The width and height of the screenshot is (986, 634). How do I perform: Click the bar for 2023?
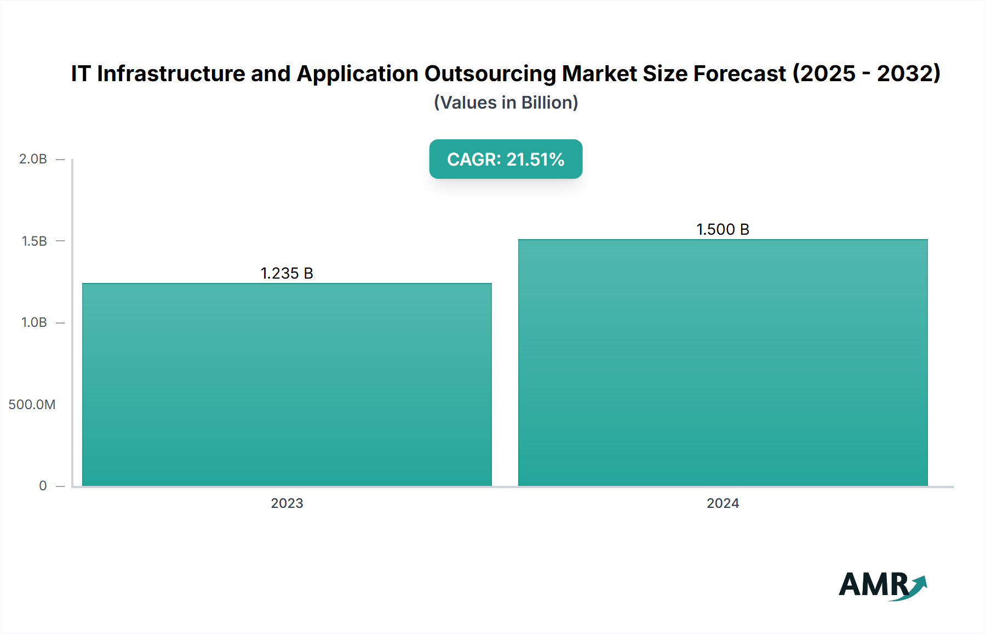coord(286,384)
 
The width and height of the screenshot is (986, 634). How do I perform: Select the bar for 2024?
coord(723,362)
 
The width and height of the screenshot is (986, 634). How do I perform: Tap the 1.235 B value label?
coord(286,273)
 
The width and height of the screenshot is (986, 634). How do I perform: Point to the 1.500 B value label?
coord(723,229)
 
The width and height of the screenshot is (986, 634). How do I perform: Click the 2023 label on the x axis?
coord(286,503)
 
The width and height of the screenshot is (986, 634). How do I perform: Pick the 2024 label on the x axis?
coord(723,503)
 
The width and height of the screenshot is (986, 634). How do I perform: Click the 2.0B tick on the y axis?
coord(33,159)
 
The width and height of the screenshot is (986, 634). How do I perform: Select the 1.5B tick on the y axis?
coord(34,241)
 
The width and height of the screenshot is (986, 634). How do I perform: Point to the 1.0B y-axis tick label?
coord(34,322)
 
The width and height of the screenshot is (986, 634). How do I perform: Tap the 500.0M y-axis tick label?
coord(32,405)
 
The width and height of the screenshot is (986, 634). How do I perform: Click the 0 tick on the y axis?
coord(43,486)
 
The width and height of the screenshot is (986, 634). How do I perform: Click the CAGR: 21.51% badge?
coord(505,159)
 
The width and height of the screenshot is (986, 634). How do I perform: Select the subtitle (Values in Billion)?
coord(506,103)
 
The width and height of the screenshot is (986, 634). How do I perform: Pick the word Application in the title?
coord(357,73)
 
